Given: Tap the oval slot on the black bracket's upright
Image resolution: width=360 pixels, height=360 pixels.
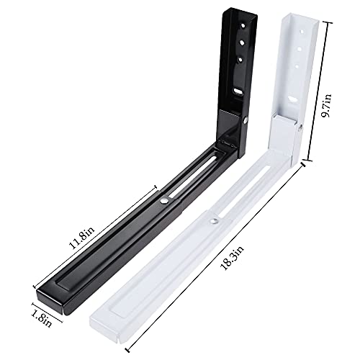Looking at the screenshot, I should click(238, 92).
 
